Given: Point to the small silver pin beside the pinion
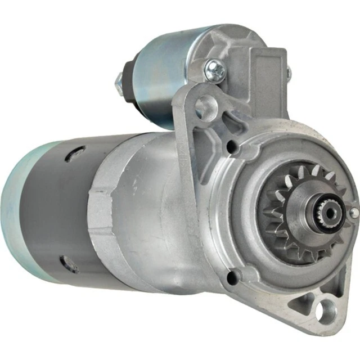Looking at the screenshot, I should pyautogui.click(x=354, y=213).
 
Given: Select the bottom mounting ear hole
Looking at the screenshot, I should pyautogui.click(x=326, y=310).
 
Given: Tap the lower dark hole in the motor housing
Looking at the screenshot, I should pyautogui.click(x=69, y=263).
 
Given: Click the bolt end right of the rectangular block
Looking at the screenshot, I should pyautogui.click(x=289, y=71).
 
